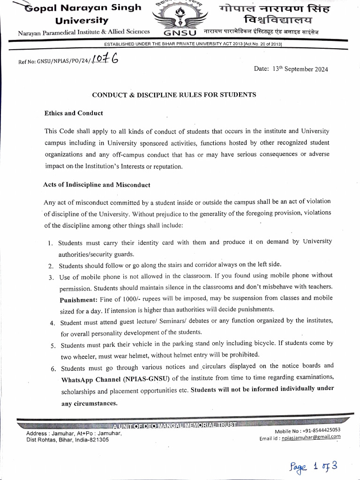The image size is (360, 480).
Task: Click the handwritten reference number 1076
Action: tap(105, 60)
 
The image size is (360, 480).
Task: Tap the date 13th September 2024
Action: tap(300, 69)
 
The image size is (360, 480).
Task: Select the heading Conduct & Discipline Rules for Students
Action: tap(174, 95)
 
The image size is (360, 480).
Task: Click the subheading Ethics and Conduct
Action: tap(74, 113)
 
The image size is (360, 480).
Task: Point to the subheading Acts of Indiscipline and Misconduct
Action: tap(97, 185)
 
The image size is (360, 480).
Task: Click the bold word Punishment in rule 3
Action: tap(78, 299)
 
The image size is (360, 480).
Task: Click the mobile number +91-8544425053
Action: tap(321, 430)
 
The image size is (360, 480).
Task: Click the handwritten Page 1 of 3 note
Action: tap(313, 466)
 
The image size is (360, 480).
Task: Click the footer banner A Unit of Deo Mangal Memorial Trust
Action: tap(174, 425)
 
